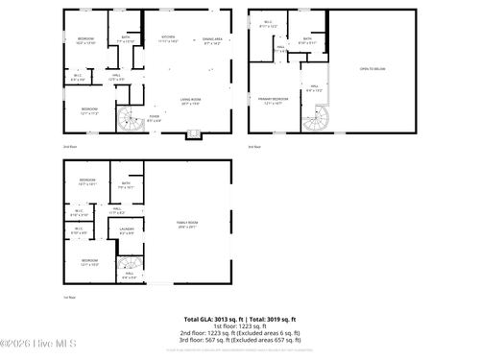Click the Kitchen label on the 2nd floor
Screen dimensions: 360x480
(168, 39)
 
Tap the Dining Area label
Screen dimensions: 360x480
(211, 40)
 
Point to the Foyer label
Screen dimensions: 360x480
(154, 118)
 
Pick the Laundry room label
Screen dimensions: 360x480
(126, 230)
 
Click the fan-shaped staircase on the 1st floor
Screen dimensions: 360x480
(128, 266)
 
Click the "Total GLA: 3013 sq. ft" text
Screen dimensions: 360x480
(212, 318)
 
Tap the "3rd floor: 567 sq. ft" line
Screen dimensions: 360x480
(241, 339)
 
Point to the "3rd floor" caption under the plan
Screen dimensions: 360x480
(253, 146)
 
